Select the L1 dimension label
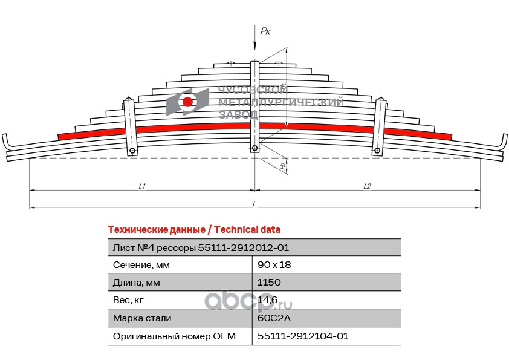[x=141, y=186]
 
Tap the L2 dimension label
[x=367, y=186]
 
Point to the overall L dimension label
[x=254, y=203]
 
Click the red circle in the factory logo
[x=188, y=102]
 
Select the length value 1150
[x=269, y=282]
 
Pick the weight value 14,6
[x=268, y=299]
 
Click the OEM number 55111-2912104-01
[x=303, y=336]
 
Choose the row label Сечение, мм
[x=142, y=264]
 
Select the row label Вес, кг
[x=129, y=299]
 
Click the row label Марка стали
[x=142, y=318]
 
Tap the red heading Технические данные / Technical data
[x=194, y=229]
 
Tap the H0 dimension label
[x=283, y=165]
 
